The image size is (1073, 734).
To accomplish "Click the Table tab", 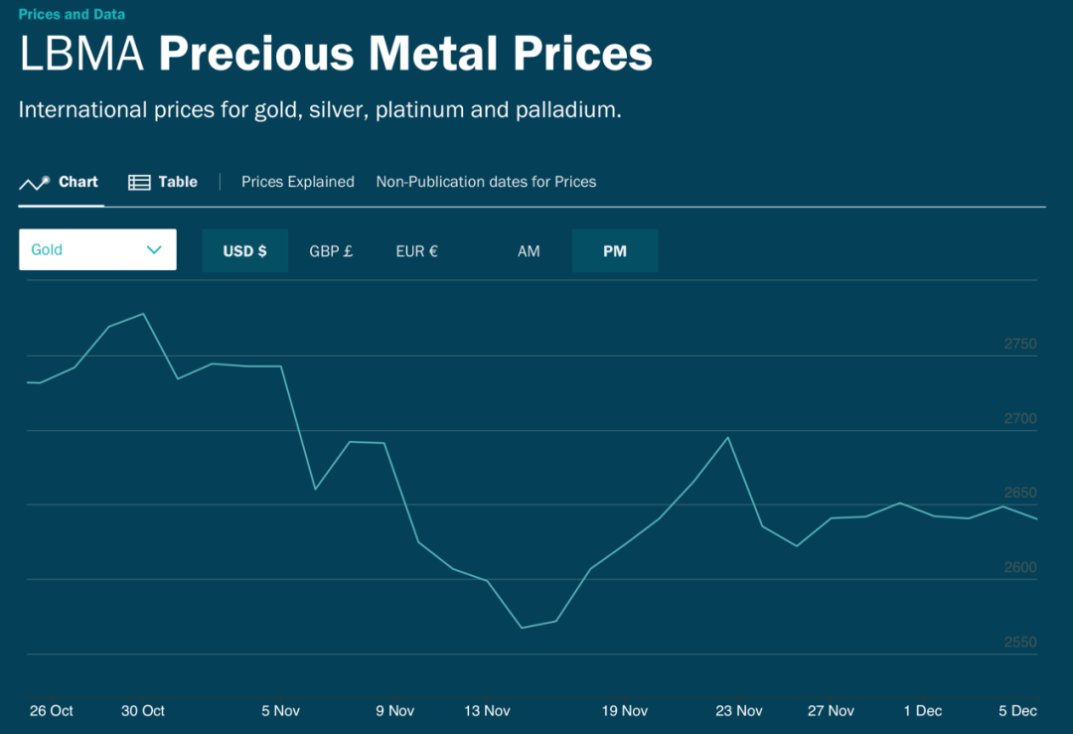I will coord(164,182).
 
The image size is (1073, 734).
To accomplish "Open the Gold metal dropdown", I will coord(97,250).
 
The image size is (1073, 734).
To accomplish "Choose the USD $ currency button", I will coord(244,251).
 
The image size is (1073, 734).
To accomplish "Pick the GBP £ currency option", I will coord(331,251).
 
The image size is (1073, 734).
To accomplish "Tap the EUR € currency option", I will coord(416,251).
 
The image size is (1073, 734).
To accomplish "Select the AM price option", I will coord(529,251).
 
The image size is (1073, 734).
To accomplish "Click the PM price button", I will coord(615,251).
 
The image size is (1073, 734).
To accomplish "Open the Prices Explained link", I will coord(298,182).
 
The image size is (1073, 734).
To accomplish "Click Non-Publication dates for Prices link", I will coord(486,182).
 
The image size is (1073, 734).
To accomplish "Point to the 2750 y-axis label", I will coord(1020,345).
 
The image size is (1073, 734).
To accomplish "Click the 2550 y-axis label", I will coord(1020,643).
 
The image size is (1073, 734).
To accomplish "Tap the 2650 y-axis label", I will coord(1020,494).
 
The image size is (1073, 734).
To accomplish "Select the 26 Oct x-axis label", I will coord(52,711).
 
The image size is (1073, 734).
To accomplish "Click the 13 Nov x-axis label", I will coord(487,711).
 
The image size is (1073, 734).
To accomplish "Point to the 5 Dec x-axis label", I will coord(1017,711).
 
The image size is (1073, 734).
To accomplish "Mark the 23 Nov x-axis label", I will coord(739,711).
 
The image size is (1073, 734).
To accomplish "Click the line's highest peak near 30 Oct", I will coord(144,314).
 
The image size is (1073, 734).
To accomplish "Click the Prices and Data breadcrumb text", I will coord(72,15).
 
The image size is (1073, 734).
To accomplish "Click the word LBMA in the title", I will coord(82,54).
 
